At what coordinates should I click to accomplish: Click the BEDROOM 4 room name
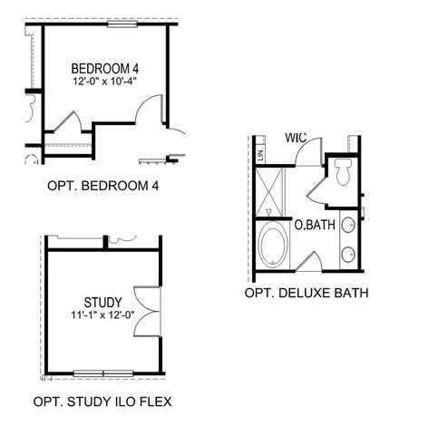(x=107, y=68)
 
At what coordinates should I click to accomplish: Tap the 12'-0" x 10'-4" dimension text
(x=107, y=82)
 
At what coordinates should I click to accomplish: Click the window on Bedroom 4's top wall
(x=121, y=24)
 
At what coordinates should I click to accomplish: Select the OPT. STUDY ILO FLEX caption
(x=102, y=401)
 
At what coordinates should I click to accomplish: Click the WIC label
(x=297, y=138)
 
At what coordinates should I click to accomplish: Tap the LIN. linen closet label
(x=261, y=155)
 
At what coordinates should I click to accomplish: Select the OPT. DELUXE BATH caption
(x=306, y=294)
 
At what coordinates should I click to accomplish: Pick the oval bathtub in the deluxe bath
(x=271, y=246)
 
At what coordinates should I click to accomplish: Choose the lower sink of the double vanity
(x=348, y=255)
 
